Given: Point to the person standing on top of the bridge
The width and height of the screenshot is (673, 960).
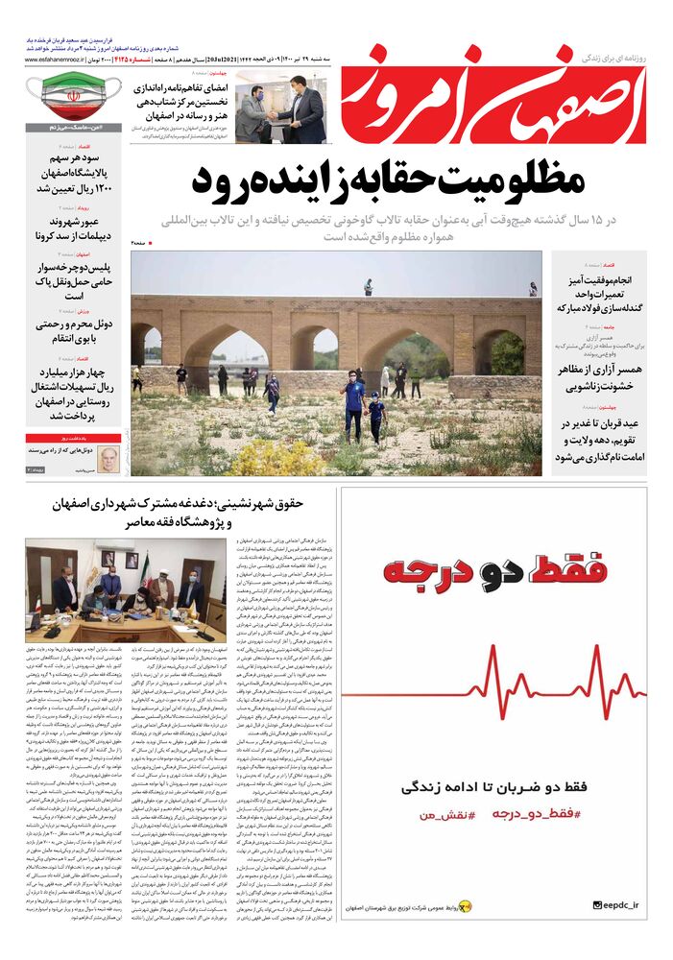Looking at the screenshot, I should click(368, 286).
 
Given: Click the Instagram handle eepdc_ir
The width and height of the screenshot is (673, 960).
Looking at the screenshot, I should click(625, 905).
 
